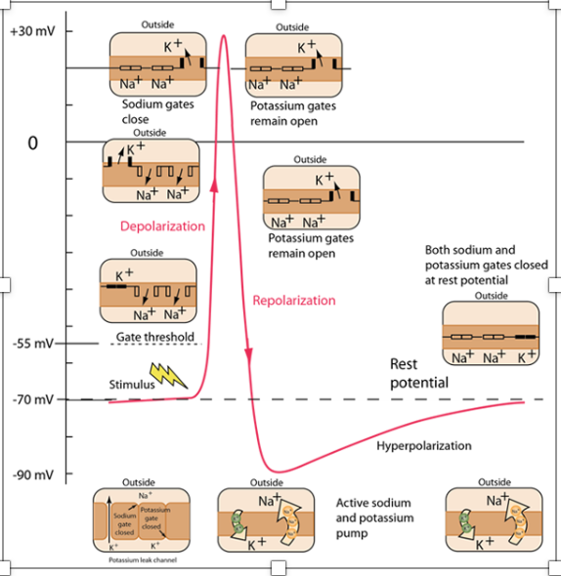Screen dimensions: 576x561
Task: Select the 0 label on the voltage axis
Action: [x=32, y=143]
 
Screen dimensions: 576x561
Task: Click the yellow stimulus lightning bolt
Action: [x=166, y=375]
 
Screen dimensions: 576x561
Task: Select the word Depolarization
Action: [x=162, y=226]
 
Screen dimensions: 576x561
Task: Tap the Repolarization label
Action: [x=293, y=301]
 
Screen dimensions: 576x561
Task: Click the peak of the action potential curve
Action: [x=225, y=36]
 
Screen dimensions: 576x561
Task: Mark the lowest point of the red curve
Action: [x=280, y=472]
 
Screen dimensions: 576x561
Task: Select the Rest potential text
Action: [x=418, y=373]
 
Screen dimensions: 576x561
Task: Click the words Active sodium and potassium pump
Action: [x=375, y=517]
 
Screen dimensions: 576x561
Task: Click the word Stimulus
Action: [x=132, y=385]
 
